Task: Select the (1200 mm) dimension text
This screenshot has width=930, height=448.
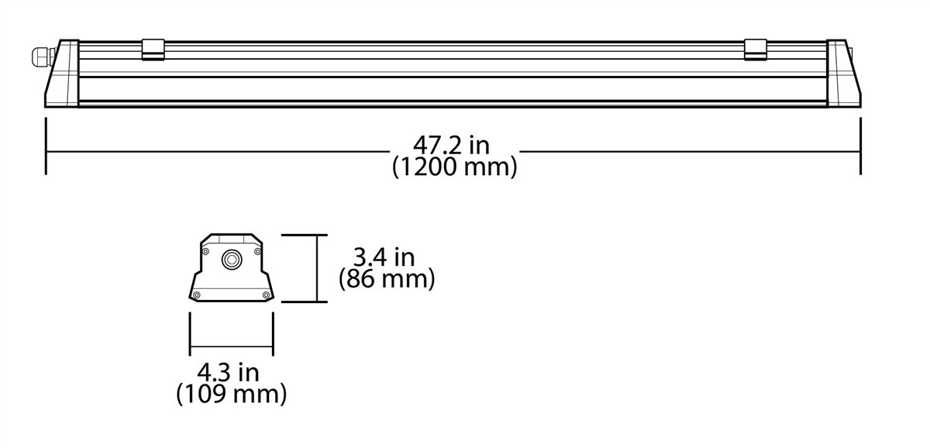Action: click(x=454, y=167)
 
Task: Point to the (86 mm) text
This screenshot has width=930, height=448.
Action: click(x=386, y=278)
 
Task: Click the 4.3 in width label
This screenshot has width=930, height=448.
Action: click(x=228, y=372)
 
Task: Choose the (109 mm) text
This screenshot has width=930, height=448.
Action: click(x=231, y=395)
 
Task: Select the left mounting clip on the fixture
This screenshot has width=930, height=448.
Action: click(x=153, y=50)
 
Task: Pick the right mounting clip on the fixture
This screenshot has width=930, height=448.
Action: click(x=755, y=50)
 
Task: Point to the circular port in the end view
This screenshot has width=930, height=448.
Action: click(x=231, y=260)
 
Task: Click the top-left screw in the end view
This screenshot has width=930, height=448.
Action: click(x=205, y=251)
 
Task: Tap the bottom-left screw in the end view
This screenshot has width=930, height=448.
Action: click(x=196, y=294)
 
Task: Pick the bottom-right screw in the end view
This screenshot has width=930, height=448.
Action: click(x=267, y=294)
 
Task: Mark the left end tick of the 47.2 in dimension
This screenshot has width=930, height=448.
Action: click(x=46, y=146)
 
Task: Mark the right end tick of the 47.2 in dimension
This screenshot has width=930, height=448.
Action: click(x=860, y=146)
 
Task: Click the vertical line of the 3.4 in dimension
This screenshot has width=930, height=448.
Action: click(x=316, y=268)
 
